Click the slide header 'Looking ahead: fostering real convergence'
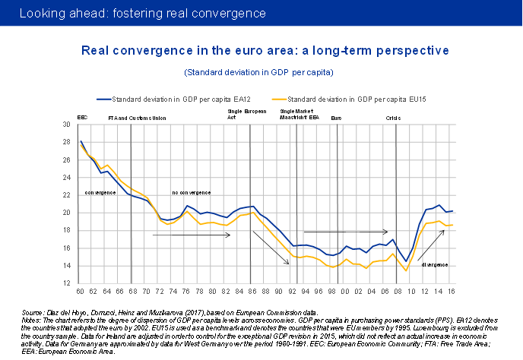[142, 14]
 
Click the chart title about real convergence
[265, 50]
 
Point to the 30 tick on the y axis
[66, 124]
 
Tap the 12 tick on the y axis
[66, 283]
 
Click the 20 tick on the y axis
[66, 213]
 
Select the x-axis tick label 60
[80, 292]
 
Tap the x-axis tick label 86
[251, 292]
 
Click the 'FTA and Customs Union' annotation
[137, 118]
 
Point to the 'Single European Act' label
[247, 115]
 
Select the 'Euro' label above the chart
[337, 118]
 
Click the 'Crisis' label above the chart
[393, 118]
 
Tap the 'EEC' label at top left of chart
[83, 118]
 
